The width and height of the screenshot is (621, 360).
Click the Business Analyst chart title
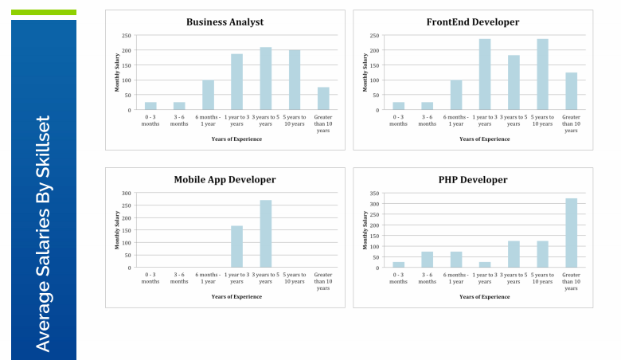[x=225, y=22]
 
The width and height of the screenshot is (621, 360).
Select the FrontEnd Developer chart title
[x=472, y=22]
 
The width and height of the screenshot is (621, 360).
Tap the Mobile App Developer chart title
[x=225, y=180]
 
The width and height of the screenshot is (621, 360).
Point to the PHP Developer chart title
[x=472, y=180]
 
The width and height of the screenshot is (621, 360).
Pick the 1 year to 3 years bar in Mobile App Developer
[x=236, y=247]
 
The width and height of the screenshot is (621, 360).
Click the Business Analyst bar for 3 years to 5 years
[x=265, y=78]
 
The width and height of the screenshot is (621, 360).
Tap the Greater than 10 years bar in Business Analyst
[x=323, y=98]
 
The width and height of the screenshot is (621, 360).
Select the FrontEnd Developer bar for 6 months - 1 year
[x=455, y=95]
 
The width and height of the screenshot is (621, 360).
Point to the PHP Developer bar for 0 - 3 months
[x=398, y=264]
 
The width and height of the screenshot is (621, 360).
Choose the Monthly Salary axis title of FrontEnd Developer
[x=365, y=72]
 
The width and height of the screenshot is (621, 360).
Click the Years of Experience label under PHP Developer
[x=484, y=296]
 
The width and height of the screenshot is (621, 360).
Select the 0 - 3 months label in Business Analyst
[x=150, y=120]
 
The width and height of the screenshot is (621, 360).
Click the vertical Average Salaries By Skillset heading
[x=43, y=233]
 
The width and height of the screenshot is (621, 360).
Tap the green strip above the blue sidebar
[x=44, y=13]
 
